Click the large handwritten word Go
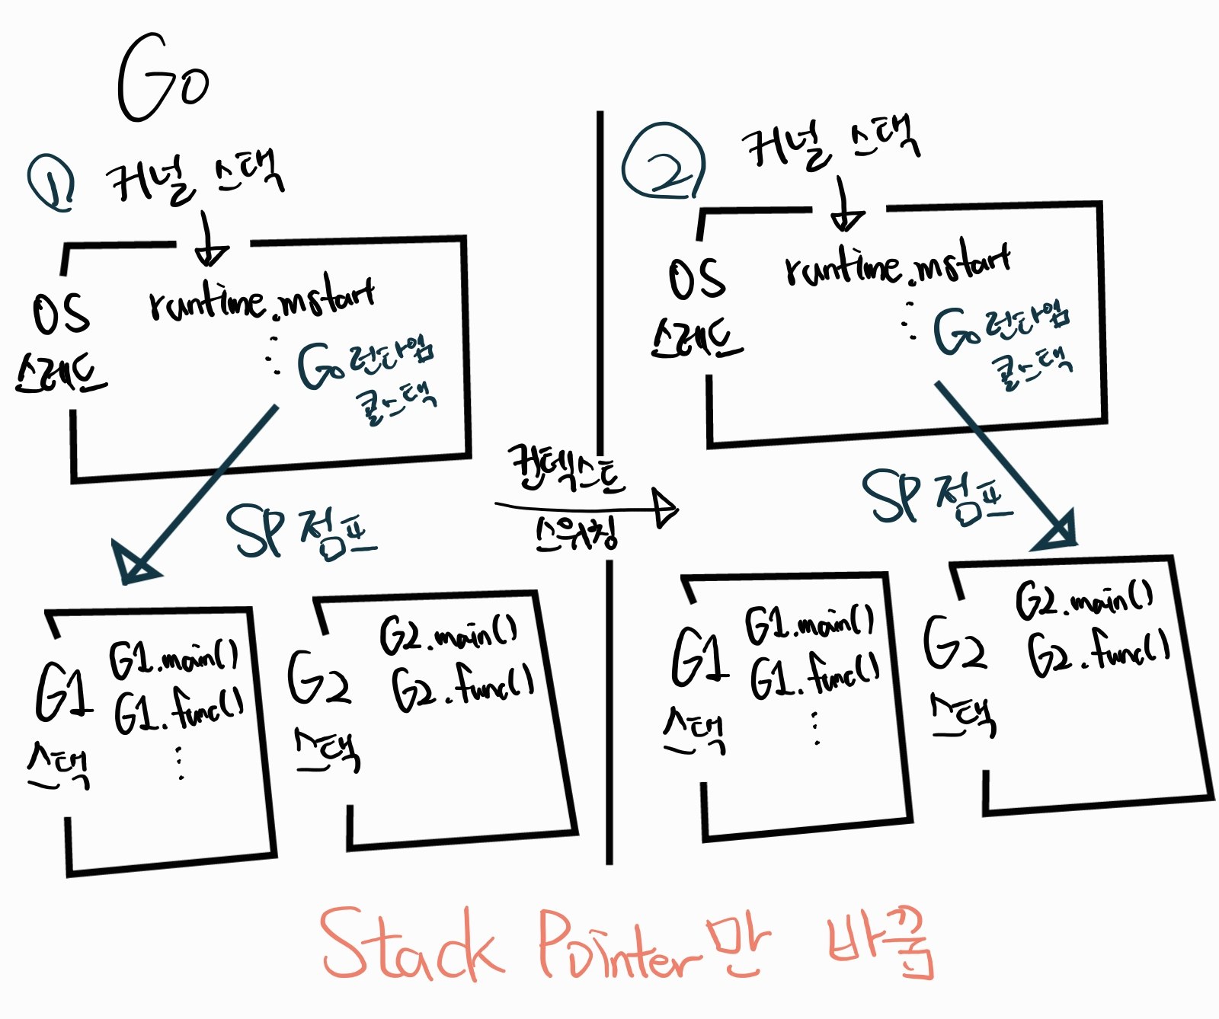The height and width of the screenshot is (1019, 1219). coord(162,79)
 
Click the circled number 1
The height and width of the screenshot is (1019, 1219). coord(52,183)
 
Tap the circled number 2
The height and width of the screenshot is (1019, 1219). coord(663,162)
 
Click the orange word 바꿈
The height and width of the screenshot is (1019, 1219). coord(880,947)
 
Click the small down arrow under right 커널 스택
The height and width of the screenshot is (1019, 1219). coord(845,206)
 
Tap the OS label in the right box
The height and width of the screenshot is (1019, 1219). coord(696,279)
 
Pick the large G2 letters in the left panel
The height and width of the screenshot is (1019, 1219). coord(319,678)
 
